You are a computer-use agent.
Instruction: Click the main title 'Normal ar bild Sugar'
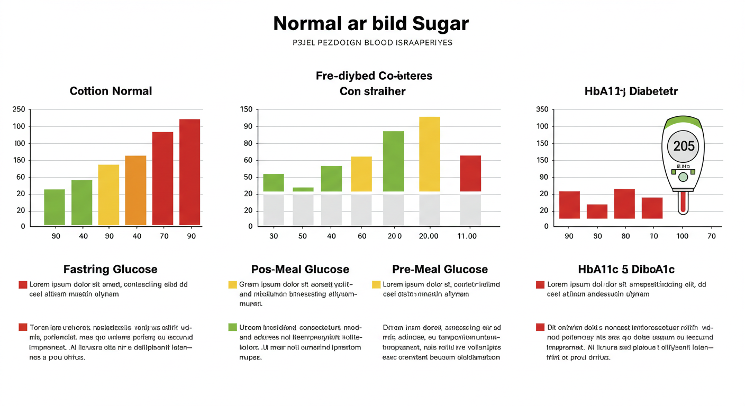pos(371,24)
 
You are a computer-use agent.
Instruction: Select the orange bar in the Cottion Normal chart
pos(135,190)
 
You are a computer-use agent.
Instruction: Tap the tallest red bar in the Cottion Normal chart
pos(189,172)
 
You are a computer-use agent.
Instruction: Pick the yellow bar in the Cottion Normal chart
pos(108,195)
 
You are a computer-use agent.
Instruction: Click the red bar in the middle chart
pos(470,173)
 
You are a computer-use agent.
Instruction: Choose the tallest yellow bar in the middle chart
pos(429,154)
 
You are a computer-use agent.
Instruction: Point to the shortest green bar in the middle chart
pos(303,189)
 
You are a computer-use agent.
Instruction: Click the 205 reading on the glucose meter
pos(684,146)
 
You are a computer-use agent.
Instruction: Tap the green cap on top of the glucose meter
pos(683,124)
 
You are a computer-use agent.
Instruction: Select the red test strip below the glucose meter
pos(683,202)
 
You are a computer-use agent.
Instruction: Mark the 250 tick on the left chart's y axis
pos(19,109)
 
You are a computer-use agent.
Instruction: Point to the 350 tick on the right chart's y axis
pos(542,109)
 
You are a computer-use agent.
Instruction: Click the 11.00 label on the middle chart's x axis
pos(467,236)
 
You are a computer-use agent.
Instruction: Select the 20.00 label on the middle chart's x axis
pos(428,236)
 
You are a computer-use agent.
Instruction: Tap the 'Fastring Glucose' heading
pos(110,270)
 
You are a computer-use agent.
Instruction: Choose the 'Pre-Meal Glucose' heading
pos(440,270)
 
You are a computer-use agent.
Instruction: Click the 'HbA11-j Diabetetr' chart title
pos(631,91)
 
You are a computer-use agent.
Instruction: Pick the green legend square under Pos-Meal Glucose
pos(232,327)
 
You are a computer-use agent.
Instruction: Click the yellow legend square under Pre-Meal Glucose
pos(376,284)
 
